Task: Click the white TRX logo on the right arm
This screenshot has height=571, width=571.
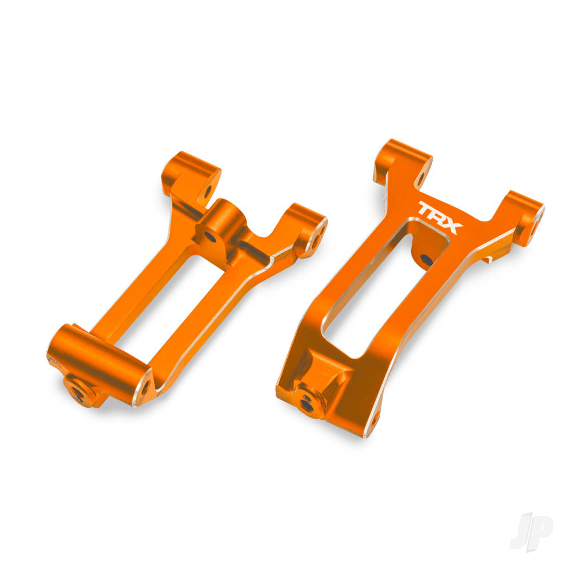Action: click(440, 218)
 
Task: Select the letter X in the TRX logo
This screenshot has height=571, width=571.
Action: click(453, 226)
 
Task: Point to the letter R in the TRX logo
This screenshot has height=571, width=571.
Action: click(440, 217)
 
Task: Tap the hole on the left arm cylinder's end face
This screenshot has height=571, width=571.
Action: click(143, 386)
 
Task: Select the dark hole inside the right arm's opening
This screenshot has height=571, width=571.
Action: click(426, 260)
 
